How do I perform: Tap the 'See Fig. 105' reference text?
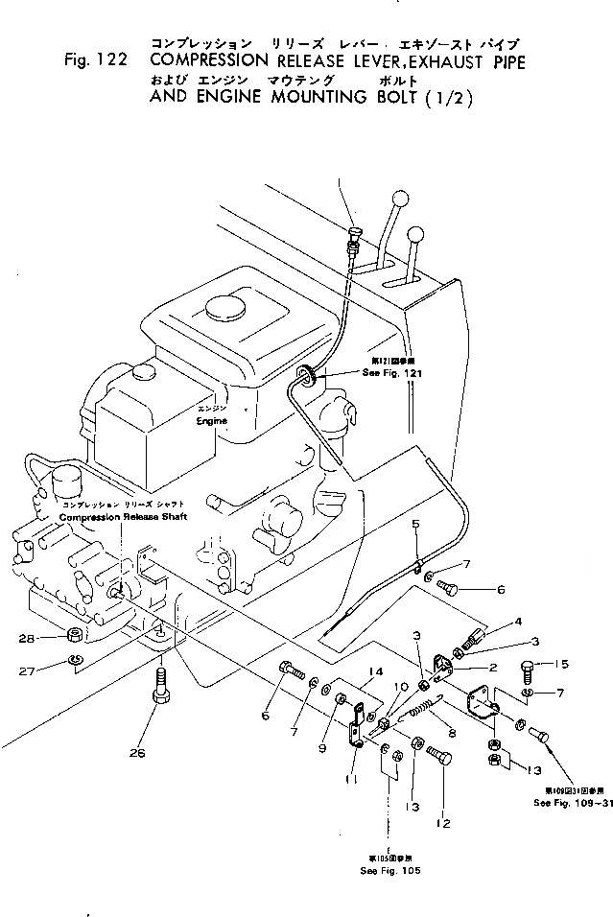coord(390,869)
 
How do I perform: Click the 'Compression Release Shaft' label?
coord(122,517)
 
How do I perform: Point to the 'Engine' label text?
coord(212,421)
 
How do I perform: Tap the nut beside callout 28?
coord(73,635)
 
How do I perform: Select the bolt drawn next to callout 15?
coord(529,667)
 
